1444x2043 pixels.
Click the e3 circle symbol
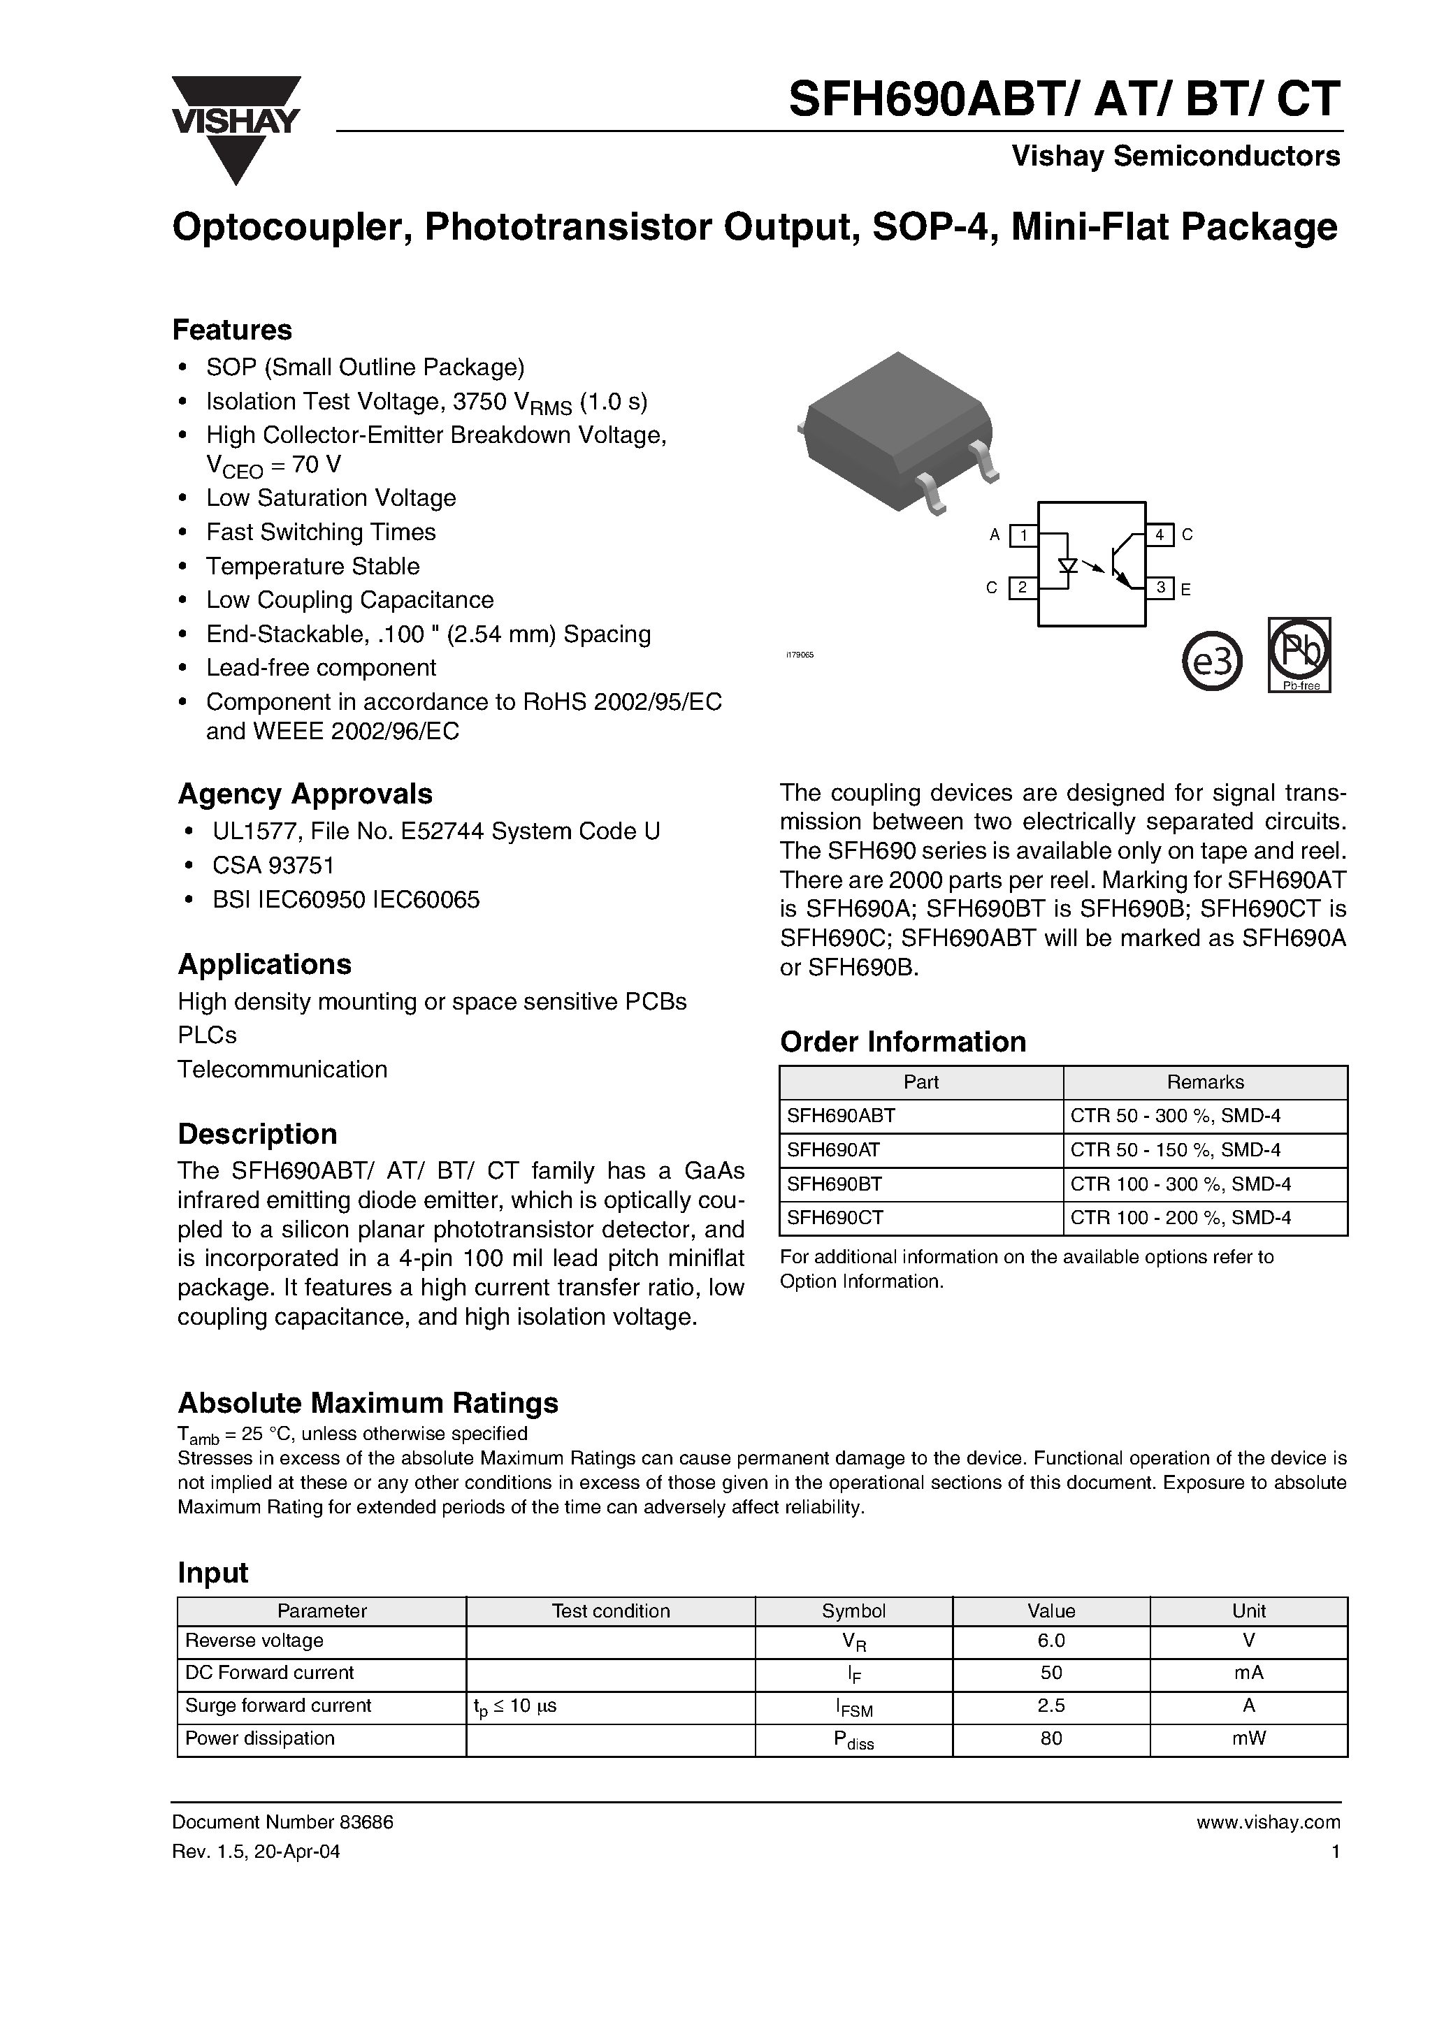tap(1212, 660)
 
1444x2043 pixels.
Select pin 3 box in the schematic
tap(1159, 588)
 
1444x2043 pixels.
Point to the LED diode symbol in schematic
tap(1067, 566)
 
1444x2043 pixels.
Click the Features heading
tap(231, 330)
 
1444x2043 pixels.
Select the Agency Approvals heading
tap(305, 794)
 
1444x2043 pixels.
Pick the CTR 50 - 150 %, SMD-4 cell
tap(1175, 1149)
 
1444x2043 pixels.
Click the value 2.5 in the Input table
tap(1050, 1705)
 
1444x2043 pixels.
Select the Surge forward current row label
tap(277, 1705)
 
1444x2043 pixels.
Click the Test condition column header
tap(610, 1611)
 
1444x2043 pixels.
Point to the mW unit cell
tap(1248, 1738)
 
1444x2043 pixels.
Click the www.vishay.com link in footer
tap(1268, 1822)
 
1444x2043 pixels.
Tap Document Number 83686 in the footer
tap(282, 1822)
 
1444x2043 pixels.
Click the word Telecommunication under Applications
tap(282, 1068)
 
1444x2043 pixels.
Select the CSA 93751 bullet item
tap(273, 865)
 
